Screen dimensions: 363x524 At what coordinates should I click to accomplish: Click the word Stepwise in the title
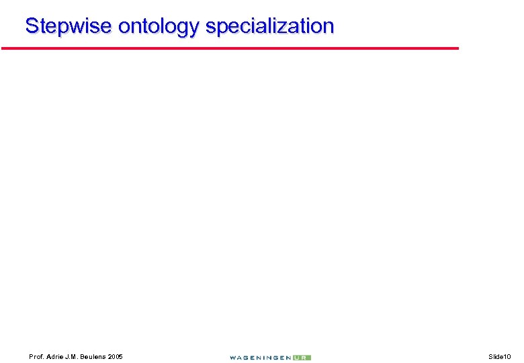[69, 26]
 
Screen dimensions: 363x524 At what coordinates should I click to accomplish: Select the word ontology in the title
[159, 26]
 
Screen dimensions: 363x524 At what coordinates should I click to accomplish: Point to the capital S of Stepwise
[32, 26]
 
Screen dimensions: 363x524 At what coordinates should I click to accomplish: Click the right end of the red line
[457, 48]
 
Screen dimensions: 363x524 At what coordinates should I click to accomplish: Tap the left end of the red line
[3, 48]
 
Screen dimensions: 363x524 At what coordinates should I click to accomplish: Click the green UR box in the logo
[302, 358]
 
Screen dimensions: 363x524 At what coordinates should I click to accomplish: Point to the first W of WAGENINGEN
[232, 358]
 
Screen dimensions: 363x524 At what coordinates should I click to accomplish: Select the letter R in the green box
[306, 358]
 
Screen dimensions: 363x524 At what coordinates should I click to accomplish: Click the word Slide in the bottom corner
[496, 356]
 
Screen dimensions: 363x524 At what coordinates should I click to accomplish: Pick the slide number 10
[508, 356]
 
